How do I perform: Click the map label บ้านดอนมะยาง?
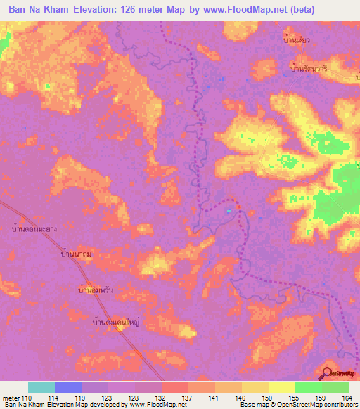tap(34, 228)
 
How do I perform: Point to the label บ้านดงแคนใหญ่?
tap(126, 324)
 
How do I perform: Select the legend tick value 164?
tap(347, 398)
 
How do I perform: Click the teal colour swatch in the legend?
tap(41, 387)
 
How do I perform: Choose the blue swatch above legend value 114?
tap(67, 387)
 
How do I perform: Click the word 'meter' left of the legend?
tap(11, 398)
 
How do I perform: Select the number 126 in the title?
tap(131, 9)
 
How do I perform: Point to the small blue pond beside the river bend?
tap(229, 209)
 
